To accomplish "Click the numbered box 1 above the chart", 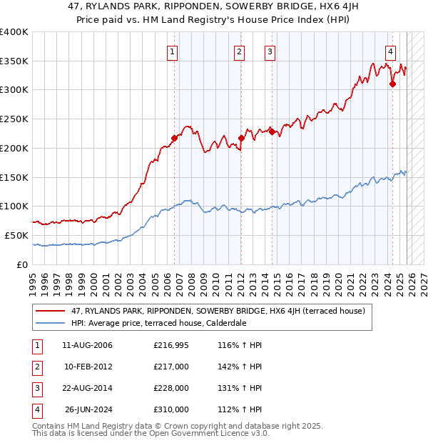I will [173, 51].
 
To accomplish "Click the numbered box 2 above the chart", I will [238, 51].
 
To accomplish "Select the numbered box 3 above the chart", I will [270, 51].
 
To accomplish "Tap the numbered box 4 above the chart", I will [391, 51].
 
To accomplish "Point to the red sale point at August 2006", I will [174, 138].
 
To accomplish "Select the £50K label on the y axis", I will [16, 235].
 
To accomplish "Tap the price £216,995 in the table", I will [171, 345].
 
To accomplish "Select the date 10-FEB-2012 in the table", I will [88, 367].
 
